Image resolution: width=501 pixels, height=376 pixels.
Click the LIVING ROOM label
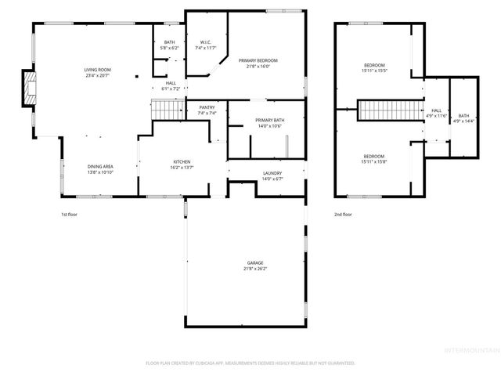(96, 70)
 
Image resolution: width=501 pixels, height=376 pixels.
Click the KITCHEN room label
(182, 162)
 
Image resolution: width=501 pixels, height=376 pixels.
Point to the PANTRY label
(207, 107)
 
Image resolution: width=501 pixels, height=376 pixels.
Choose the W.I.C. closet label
(205, 42)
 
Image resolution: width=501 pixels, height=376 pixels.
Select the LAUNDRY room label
(272, 173)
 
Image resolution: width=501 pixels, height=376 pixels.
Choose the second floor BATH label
(464, 115)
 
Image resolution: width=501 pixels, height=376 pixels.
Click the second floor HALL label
(436, 110)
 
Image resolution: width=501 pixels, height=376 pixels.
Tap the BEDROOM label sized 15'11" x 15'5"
(373, 65)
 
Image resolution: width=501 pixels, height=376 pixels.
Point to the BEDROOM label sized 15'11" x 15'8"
(373, 156)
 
